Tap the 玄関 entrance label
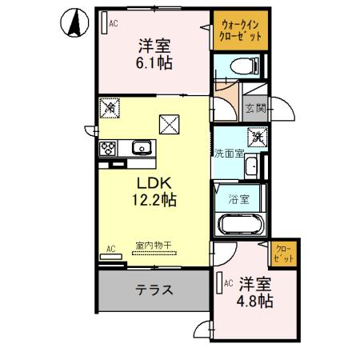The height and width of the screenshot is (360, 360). (x=254, y=108)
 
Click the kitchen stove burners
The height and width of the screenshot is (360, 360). (x=108, y=148)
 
